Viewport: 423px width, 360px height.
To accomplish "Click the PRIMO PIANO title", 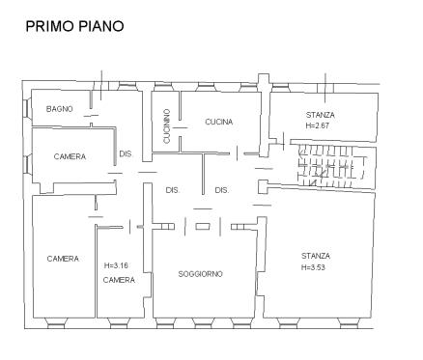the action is coord(74,26).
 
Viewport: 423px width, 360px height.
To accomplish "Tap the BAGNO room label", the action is coord(60,109).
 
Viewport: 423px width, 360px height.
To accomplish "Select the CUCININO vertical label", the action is coord(167,126).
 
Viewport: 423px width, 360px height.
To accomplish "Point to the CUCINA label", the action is coord(219,122).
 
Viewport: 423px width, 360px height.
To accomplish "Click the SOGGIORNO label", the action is coord(200,274).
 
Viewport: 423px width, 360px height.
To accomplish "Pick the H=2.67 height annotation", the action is coord(318,125).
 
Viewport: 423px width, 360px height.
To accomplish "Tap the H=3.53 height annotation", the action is coord(313,267).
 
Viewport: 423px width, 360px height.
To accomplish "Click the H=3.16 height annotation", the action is coord(116,265).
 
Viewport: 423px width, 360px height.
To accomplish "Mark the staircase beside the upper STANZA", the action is coord(332,166).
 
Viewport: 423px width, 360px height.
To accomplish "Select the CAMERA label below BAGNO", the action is coord(70,156).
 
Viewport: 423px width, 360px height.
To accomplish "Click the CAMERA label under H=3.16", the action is coord(119,280).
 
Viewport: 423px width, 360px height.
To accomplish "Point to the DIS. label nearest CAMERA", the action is coord(126,154).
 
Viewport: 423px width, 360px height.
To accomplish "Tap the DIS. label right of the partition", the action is coord(222,190).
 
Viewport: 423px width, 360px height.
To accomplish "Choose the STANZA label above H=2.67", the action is coord(321,115).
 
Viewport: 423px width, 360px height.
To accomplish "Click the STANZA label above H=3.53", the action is coord(316,256).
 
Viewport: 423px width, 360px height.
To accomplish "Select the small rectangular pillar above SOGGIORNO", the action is coord(203,227).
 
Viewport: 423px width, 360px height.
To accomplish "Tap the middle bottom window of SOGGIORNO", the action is coord(204,323).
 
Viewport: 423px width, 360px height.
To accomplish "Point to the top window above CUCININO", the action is coord(164,86).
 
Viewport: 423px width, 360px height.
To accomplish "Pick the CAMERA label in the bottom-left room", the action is coord(63,259).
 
